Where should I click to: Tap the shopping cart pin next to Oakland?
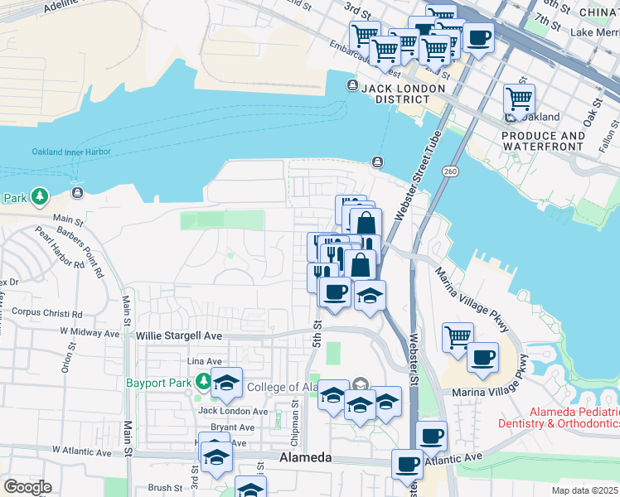(519, 99)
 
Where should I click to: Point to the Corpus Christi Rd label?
(47, 314)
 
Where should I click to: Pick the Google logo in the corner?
(27, 487)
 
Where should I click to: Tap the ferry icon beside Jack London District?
(352, 86)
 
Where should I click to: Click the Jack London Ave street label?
(232, 411)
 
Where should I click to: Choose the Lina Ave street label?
(206, 362)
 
